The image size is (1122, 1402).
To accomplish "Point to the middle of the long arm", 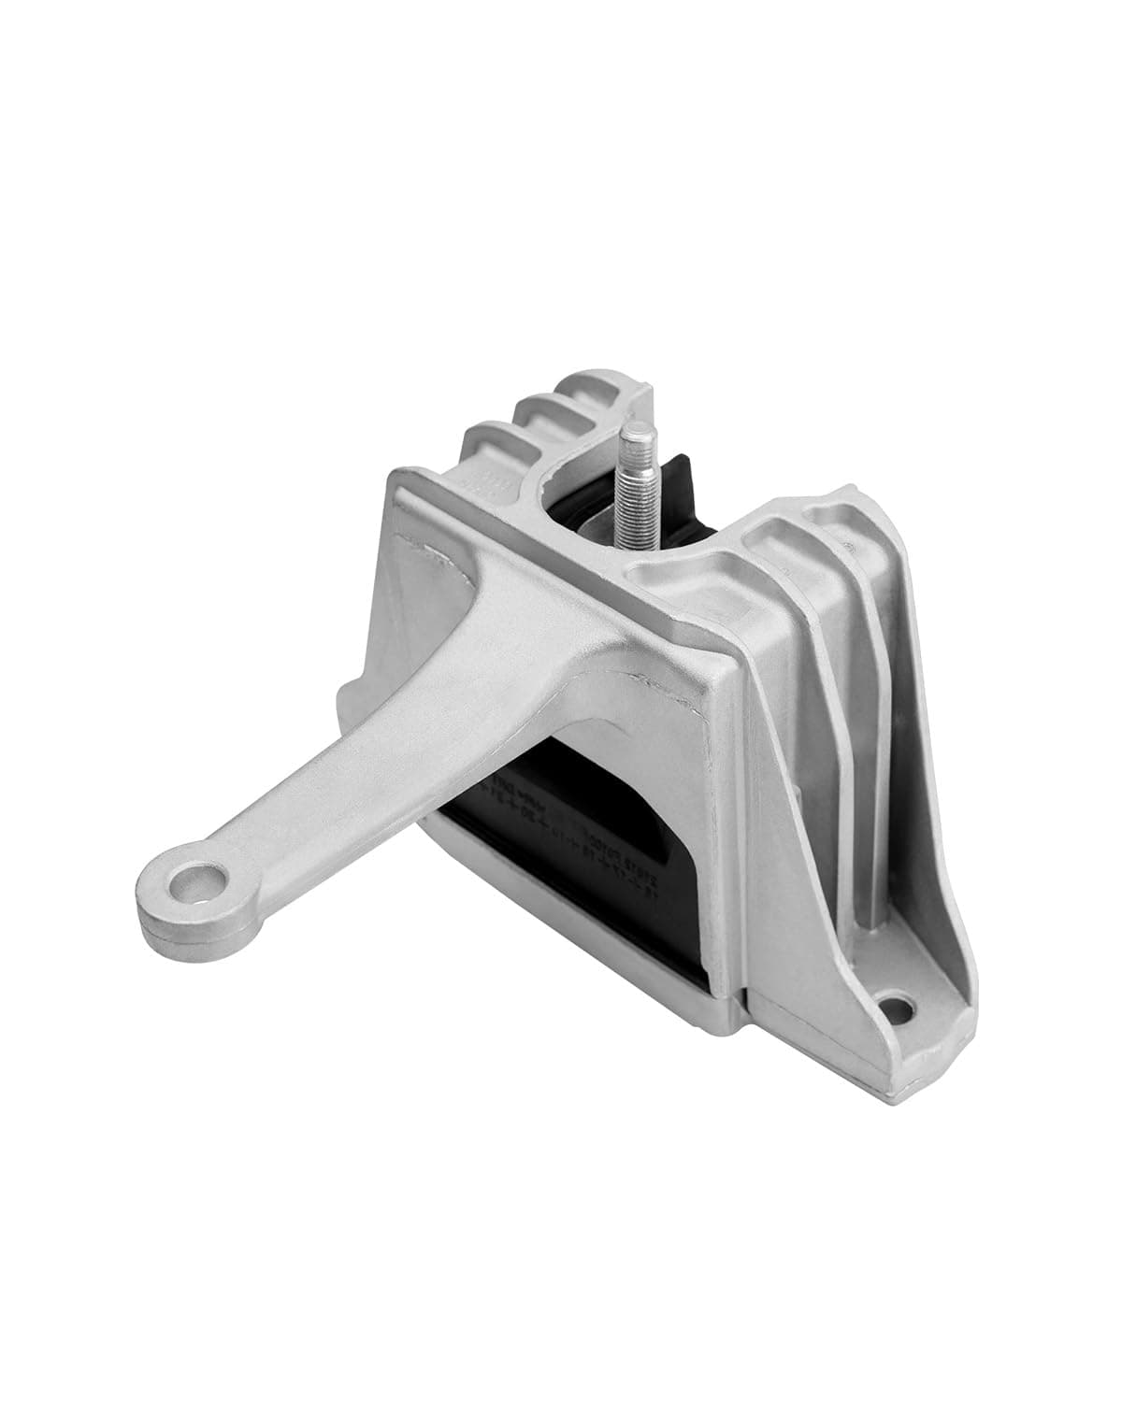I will [x=374, y=757].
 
